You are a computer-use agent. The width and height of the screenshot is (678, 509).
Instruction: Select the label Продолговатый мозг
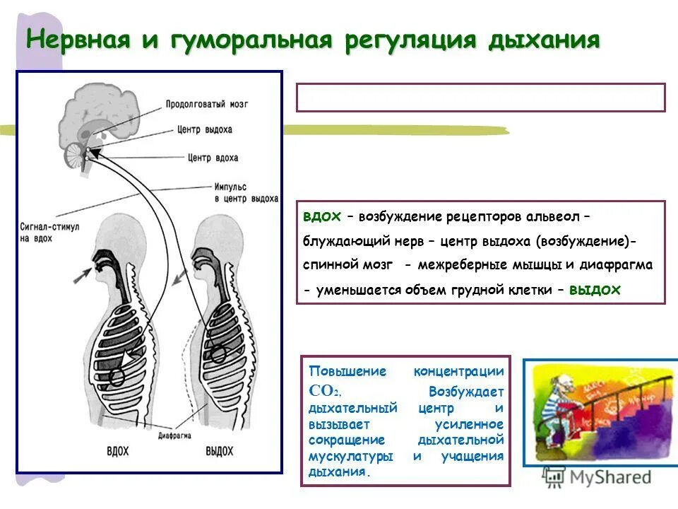coord(207,104)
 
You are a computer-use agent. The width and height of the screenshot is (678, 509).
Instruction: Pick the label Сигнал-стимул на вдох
coord(47,233)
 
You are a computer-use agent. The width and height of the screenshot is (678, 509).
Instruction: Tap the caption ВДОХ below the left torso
coord(117,450)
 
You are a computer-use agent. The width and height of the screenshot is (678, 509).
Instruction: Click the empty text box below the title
coord(480,98)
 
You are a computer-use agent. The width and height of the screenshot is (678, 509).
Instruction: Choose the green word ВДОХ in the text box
coord(322,215)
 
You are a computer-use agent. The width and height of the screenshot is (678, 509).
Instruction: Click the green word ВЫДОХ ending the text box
coord(595,290)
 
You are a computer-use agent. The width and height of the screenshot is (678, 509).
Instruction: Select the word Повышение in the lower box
coord(337,372)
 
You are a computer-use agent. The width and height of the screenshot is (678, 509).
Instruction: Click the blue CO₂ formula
coord(325,390)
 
